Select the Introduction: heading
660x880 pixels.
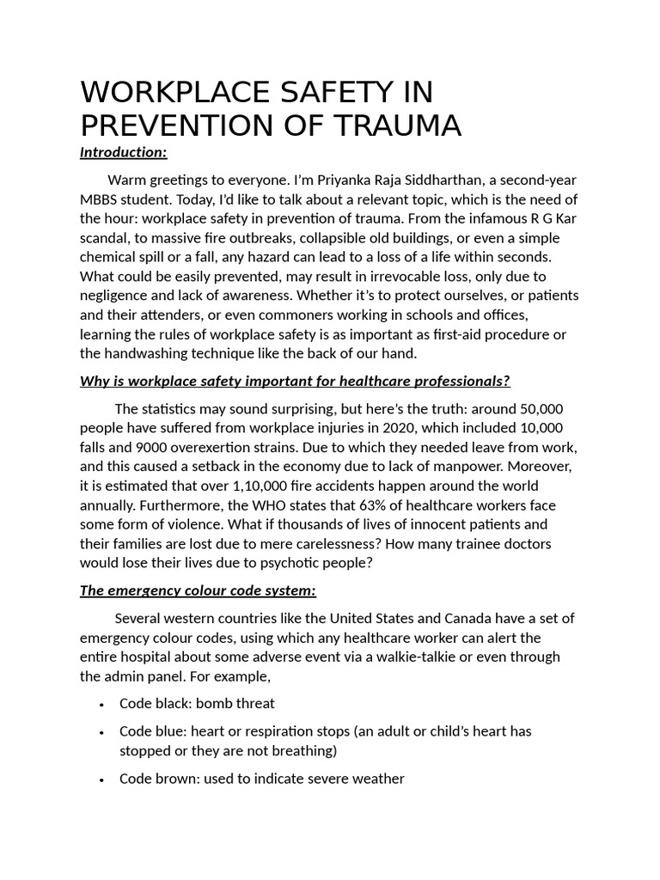point(123,152)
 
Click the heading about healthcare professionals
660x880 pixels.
point(295,381)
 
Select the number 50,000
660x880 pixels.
point(535,409)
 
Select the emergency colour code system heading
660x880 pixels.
point(198,590)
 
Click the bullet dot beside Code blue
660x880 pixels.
point(101,732)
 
